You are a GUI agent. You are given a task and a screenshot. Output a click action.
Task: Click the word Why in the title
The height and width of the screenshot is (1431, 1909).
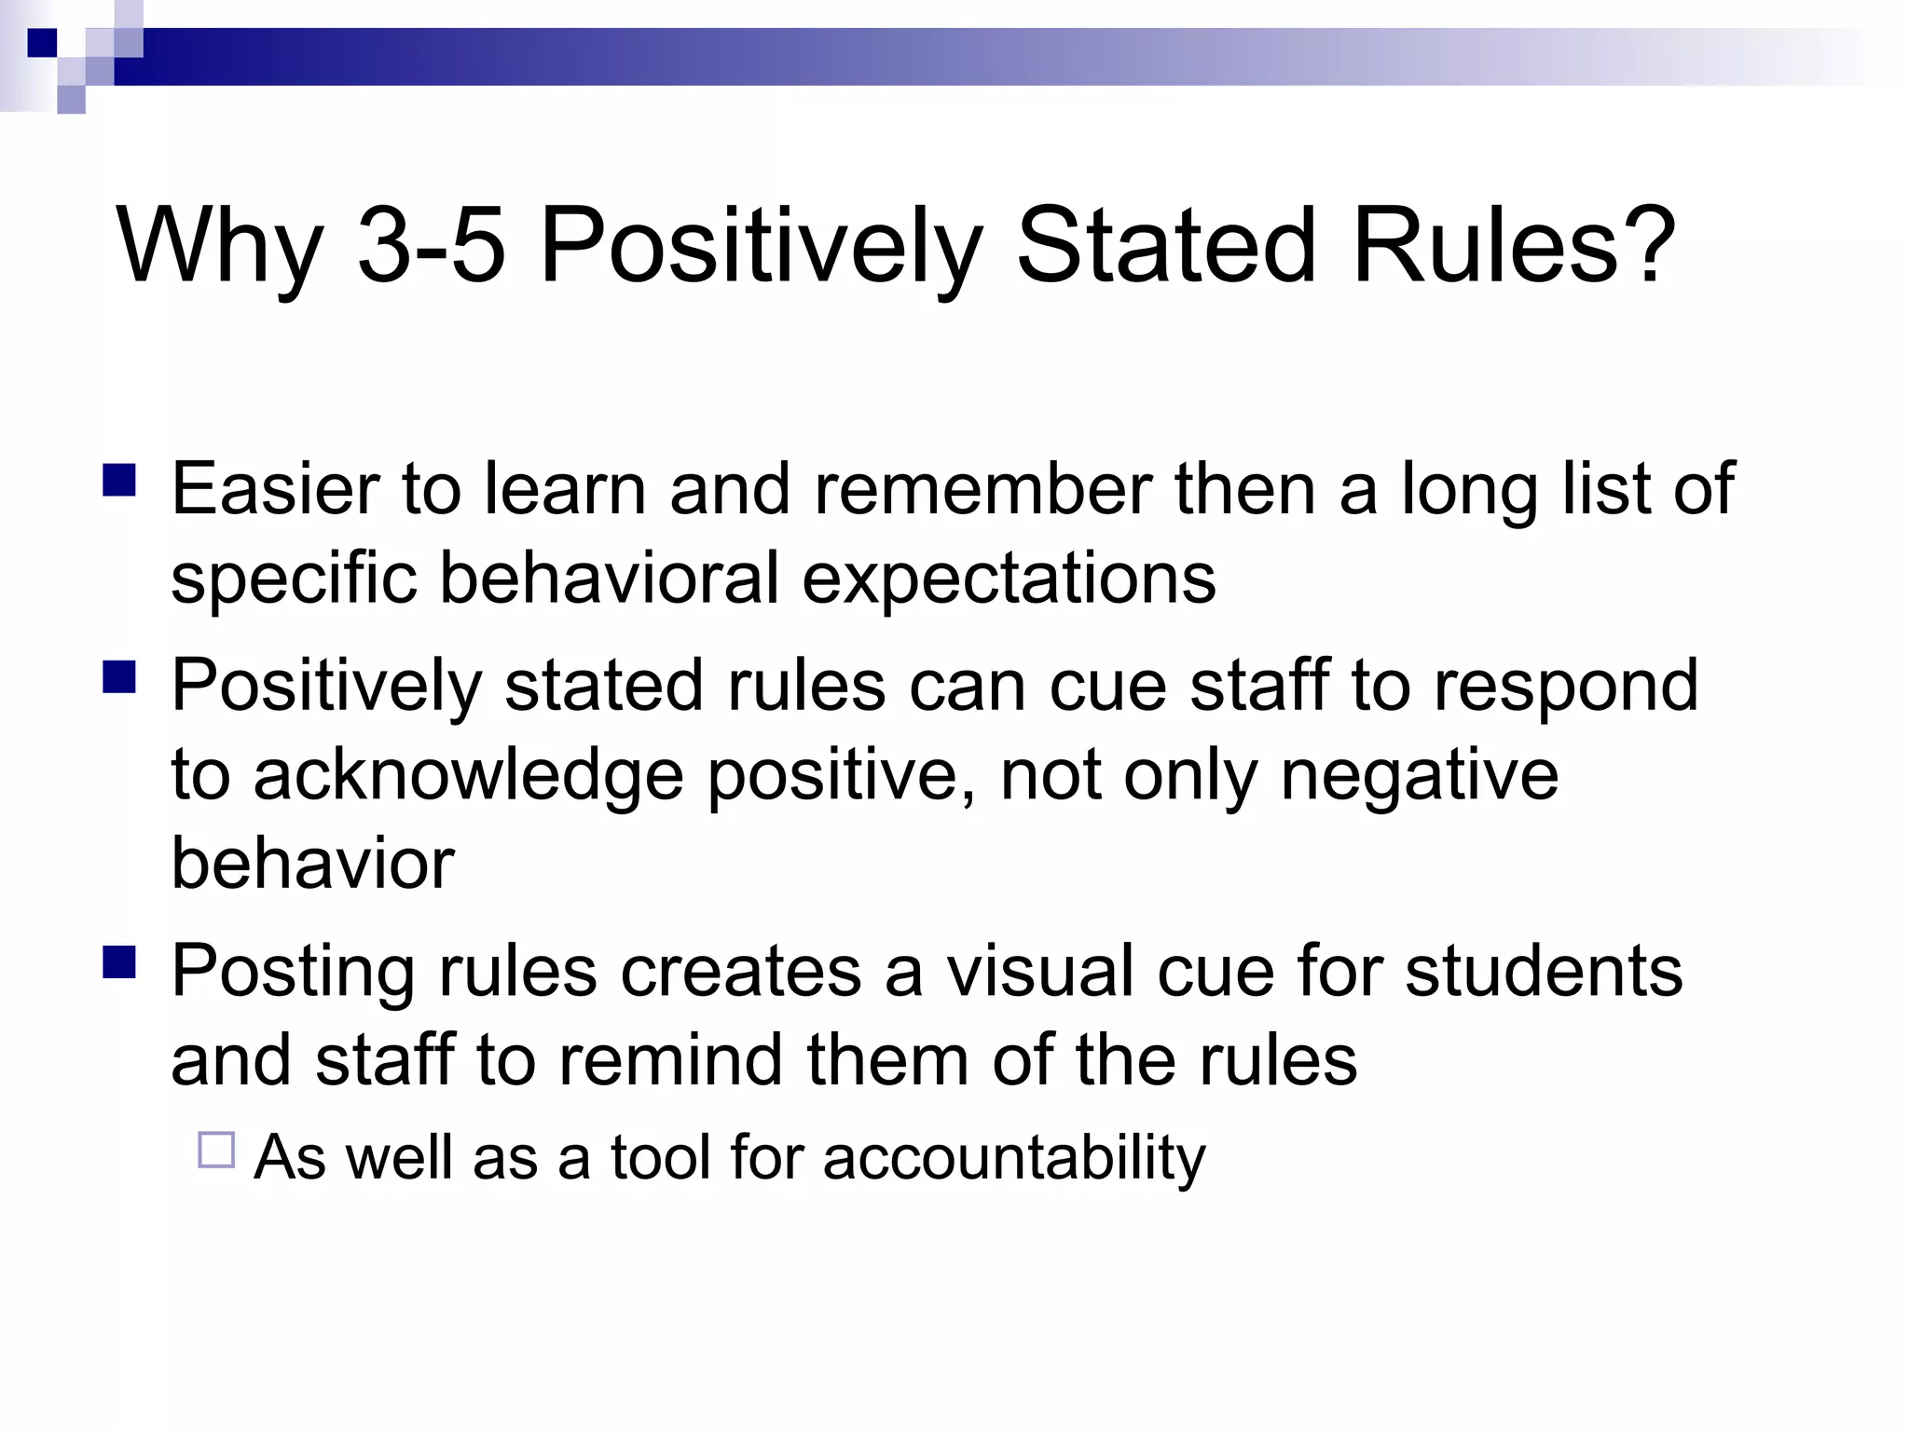point(219,248)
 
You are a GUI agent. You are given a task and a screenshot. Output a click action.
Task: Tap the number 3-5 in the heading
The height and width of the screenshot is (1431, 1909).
point(432,246)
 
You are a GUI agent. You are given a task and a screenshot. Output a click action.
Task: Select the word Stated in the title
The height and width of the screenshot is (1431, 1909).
point(1166,246)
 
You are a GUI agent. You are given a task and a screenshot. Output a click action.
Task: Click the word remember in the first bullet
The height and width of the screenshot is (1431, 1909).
point(982,489)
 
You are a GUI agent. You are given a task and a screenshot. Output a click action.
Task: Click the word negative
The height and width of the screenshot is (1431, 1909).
point(1419,776)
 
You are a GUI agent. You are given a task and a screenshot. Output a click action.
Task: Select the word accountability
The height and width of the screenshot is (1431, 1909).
point(1014,1159)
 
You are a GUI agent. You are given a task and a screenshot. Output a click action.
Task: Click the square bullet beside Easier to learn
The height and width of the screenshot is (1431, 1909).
point(119,481)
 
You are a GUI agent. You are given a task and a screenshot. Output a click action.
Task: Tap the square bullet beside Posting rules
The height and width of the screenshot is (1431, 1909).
point(119,962)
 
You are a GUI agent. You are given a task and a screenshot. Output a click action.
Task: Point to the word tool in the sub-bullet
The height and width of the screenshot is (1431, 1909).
point(659,1157)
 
